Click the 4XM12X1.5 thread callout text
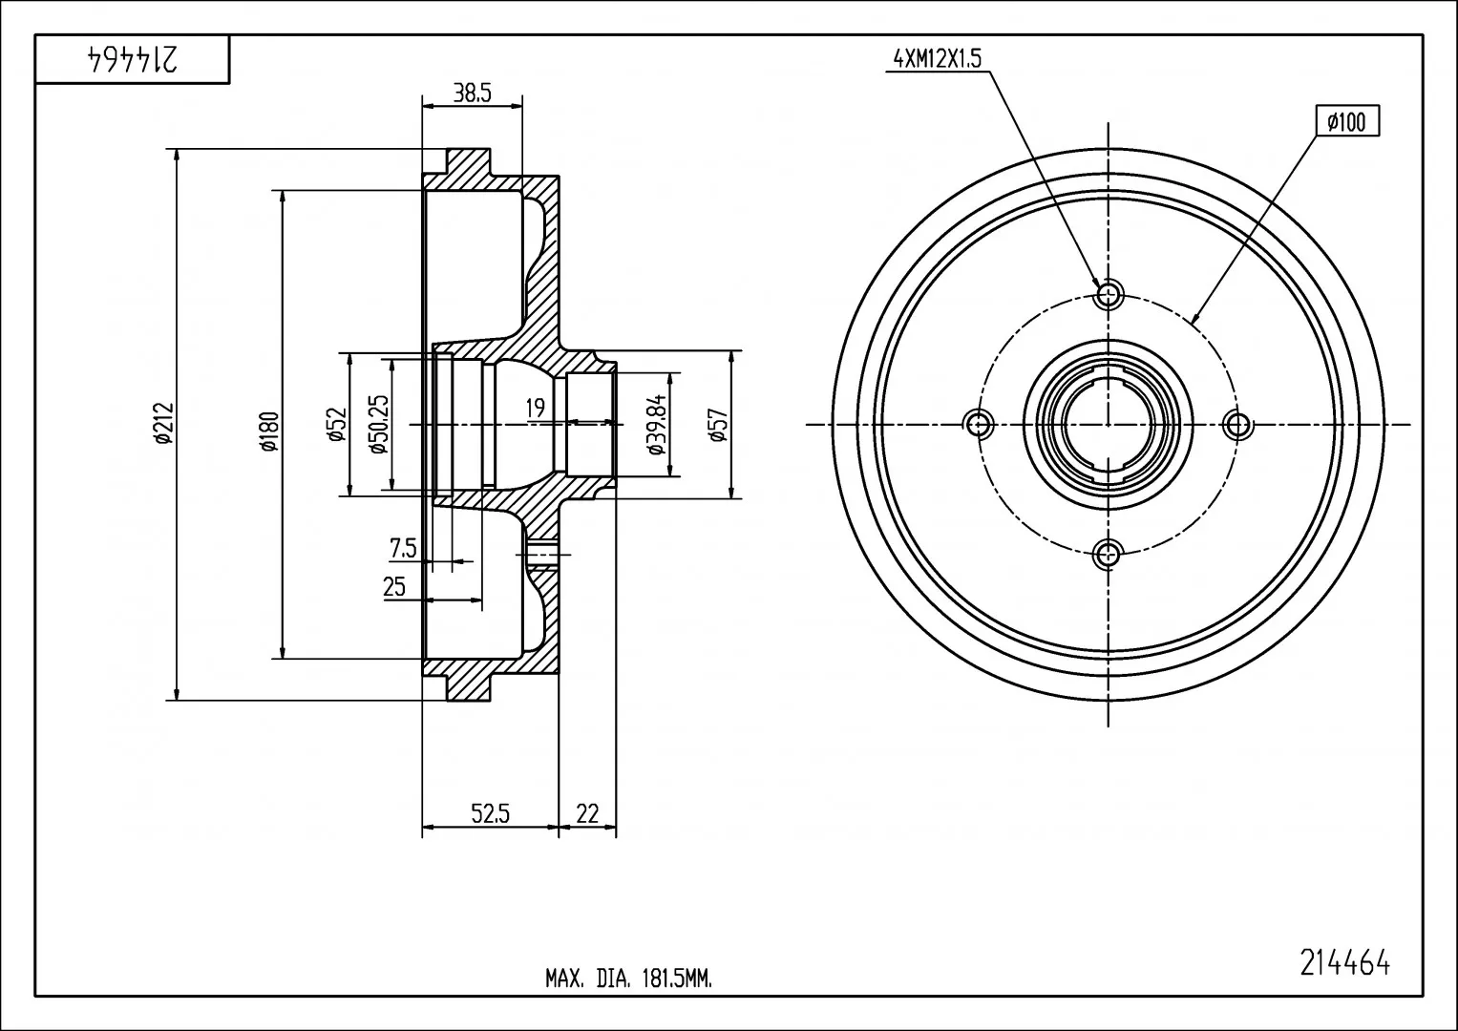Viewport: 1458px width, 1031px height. coord(938,59)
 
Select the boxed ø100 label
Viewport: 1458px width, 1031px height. coord(1346,121)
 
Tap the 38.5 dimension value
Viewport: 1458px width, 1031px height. coord(472,94)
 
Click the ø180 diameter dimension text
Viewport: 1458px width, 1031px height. coord(268,431)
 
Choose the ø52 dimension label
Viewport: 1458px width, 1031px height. coord(336,425)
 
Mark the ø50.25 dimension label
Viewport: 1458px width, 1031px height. coord(378,424)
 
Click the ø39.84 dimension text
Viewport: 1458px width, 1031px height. coord(658,424)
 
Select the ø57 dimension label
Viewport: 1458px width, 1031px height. coord(719,426)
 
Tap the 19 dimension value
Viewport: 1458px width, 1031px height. coord(535,409)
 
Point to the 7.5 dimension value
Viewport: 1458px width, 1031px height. coord(403,548)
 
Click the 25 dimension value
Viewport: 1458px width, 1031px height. coord(394,586)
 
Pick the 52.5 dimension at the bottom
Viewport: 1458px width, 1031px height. coord(490,813)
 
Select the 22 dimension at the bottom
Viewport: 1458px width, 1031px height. coord(587,813)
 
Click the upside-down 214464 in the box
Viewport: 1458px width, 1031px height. coord(132,58)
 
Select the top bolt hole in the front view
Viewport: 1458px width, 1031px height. coord(1108,295)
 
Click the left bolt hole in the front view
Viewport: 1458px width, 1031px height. coord(978,425)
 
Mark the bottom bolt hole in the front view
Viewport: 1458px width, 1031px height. coord(1108,555)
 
